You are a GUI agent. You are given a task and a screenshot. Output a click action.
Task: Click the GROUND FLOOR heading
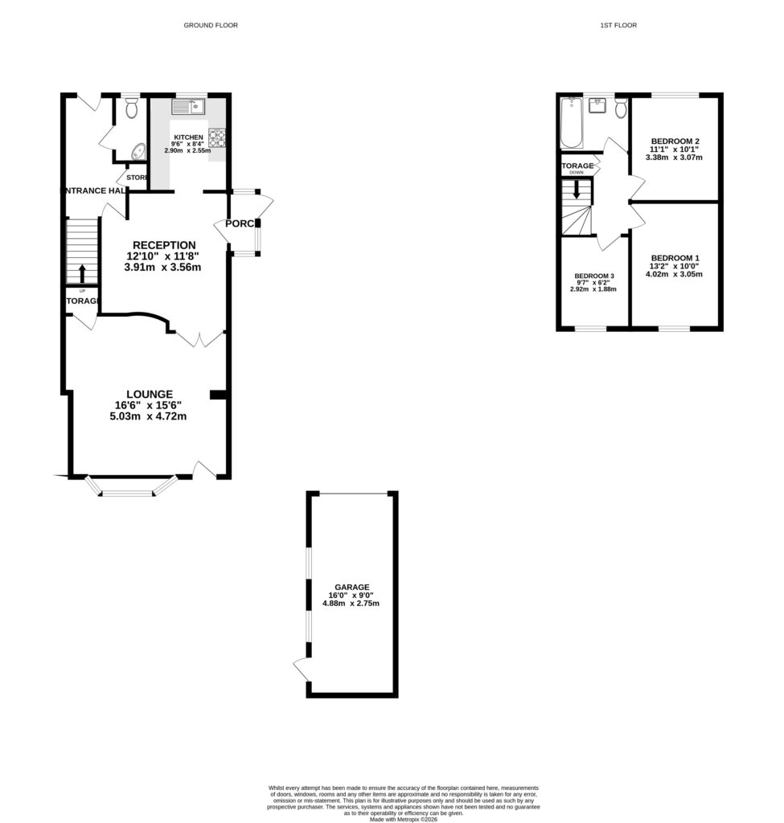click(211, 26)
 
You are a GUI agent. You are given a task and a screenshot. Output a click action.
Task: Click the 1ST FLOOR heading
click(618, 26)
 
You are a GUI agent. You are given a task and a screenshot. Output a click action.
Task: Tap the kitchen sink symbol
click(188, 106)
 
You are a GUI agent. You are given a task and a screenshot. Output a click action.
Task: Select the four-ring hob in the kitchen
click(218, 140)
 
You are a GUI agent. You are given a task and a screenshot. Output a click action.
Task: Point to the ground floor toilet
click(133, 107)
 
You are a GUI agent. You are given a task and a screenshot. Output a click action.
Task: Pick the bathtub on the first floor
click(570, 123)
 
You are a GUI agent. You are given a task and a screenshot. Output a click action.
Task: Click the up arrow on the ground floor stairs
click(80, 271)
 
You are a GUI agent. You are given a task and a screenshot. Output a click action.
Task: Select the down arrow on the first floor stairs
click(576, 192)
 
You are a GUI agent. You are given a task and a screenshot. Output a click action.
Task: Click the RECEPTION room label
click(164, 245)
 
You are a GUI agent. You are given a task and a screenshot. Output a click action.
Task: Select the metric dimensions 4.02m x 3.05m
click(674, 274)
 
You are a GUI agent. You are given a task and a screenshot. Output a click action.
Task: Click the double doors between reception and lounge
click(199, 338)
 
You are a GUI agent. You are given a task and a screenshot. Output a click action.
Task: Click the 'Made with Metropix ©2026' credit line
click(403, 819)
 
